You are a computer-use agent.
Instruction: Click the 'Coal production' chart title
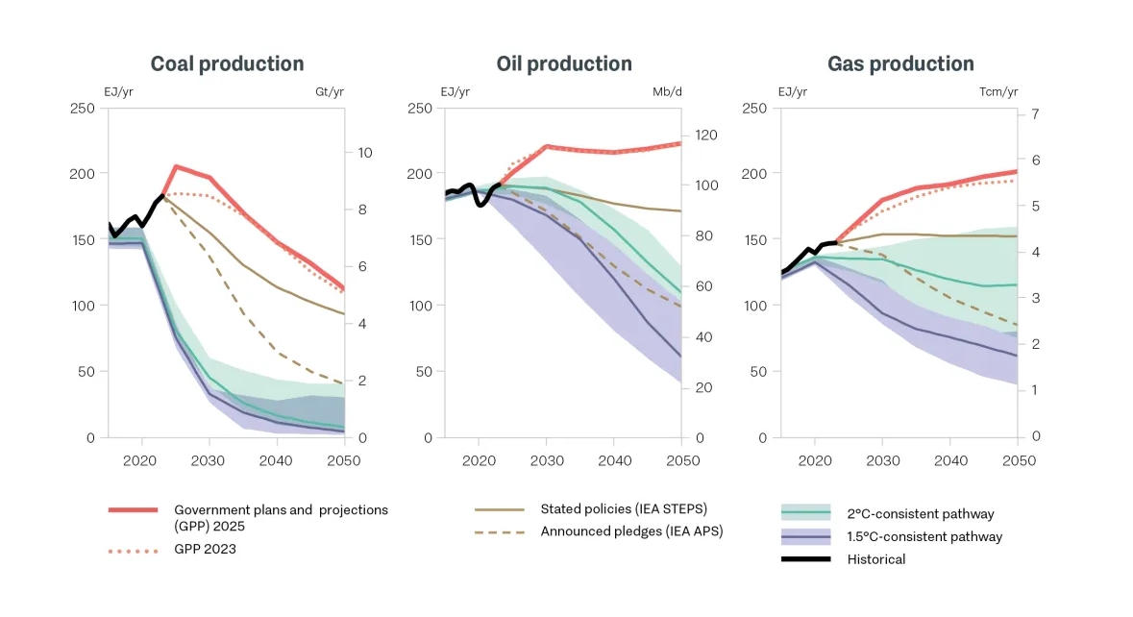pyautogui.click(x=227, y=64)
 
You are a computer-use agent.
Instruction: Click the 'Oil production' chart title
pyautogui.click(x=564, y=64)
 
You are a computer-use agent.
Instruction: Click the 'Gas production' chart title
pyautogui.click(x=900, y=64)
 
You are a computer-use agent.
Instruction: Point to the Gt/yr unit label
pyautogui.click(x=330, y=92)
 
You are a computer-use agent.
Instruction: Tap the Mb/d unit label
pyautogui.click(x=666, y=92)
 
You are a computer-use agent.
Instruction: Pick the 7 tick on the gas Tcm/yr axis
pyautogui.click(x=1035, y=113)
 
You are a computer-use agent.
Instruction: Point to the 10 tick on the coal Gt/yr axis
pyautogui.click(x=364, y=153)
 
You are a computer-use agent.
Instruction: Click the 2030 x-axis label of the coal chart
pyautogui.click(x=209, y=460)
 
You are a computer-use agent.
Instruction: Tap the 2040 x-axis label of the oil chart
pyautogui.click(x=613, y=460)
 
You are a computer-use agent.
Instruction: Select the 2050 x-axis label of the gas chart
pyautogui.click(x=1018, y=460)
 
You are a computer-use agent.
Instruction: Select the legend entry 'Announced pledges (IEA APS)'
pyautogui.click(x=630, y=531)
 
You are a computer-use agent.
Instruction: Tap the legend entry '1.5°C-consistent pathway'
pyautogui.click(x=924, y=536)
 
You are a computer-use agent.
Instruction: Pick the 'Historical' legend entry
pyautogui.click(x=875, y=559)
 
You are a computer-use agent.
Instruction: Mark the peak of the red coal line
pyautogui.click(x=175, y=166)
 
